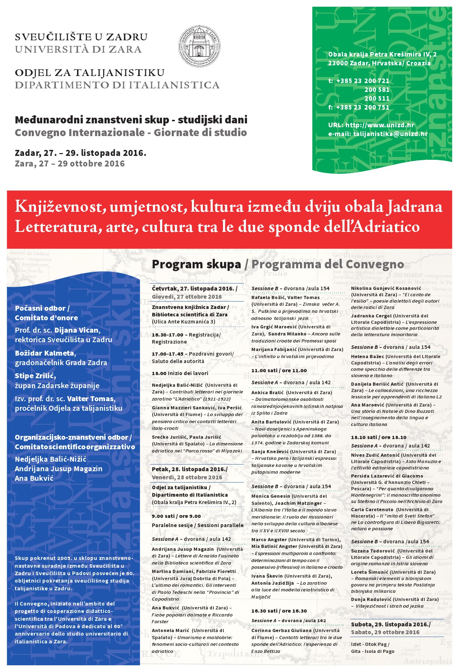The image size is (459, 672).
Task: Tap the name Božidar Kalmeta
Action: click(x=45, y=353)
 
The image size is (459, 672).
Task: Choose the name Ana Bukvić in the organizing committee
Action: click(x=34, y=478)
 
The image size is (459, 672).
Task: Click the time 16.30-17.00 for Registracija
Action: click(x=167, y=335)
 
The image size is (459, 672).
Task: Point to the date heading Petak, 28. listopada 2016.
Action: click(x=189, y=469)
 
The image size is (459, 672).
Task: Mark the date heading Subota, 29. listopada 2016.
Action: click(x=390, y=624)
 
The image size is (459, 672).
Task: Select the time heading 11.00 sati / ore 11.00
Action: click(x=279, y=370)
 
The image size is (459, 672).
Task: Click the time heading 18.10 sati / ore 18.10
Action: click(x=378, y=437)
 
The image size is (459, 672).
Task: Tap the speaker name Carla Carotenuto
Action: click(x=372, y=509)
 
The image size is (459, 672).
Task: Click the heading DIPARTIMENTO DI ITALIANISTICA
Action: click(x=117, y=85)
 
